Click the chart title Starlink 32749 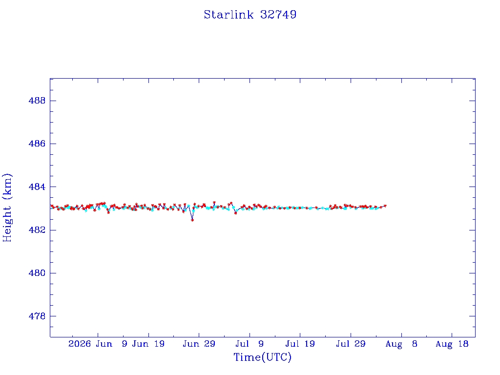pyautogui.click(x=250, y=15)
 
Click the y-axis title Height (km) pyautogui.click(x=7, y=208)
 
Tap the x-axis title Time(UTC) pyautogui.click(x=262, y=357)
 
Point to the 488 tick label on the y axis pyautogui.click(x=37, y=101)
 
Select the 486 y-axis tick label pyautogui.click(x=37, y=144)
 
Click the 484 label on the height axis pyautogui.click(x=37, y=187)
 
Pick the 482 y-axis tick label pyautogui.click(x=37, y=230)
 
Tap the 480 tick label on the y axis pyautogui.click(x=37, y=273)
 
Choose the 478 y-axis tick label pyautogui.click(x=37, y=316)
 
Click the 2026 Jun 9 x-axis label pyautogui.click(x=98, y=344)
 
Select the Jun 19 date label pyautogui.click(x=148, y=344)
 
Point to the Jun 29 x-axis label pyautogui.click(x=199, y=344)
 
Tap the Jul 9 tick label pyautogui.click(x=250, y=344)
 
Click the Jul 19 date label pyautogui.click(x=300, y=344)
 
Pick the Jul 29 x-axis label pyautogui.click(x=351, y=344)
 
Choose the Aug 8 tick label pyautogui.click(x=401, y=344)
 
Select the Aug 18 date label pyautogui.click(x=452, y=344)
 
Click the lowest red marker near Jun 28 pyautogui.click(x=192, y=220)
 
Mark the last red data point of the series pyautogui.click(x=385, y=206)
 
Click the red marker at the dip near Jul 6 pyautogui.click(x=236, y=213)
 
